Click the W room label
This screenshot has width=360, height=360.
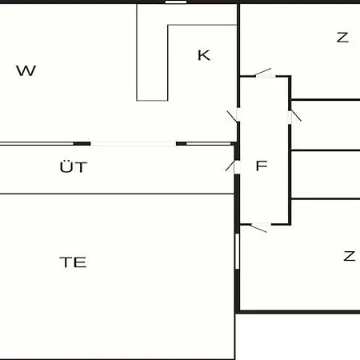click(x=26, y=71)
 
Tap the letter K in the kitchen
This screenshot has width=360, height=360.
click(x=204, y=55)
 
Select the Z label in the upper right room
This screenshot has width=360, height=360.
click(x=342, y=38)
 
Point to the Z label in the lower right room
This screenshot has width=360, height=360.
click(x=350, y=256)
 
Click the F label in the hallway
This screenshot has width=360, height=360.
click(x=262, y=166)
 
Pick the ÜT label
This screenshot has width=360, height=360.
click(x=74, y=166)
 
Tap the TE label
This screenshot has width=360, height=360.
click(x=73, y=262)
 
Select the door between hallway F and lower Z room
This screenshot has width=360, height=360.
click(x=259, y=227)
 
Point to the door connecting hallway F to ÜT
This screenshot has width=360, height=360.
click(x=232, y=166)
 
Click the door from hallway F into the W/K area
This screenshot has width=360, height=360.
click(x=234, y=115)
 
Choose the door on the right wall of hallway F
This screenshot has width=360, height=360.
click(x=294, y=116)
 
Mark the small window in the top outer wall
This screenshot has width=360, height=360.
click(x=175, y=2)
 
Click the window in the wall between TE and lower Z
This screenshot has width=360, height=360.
click(x=237, y=251)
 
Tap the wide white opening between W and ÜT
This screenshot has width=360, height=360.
click(x=134, y=144)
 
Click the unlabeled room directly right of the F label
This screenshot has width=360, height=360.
click(x=326, y=174)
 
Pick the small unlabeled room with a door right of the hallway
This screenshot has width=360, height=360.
click(x=326, y=125)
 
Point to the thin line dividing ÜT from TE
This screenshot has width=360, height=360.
click(x=117, y=194)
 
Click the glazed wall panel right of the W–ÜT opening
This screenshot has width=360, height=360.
click(x=209, y=144)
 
